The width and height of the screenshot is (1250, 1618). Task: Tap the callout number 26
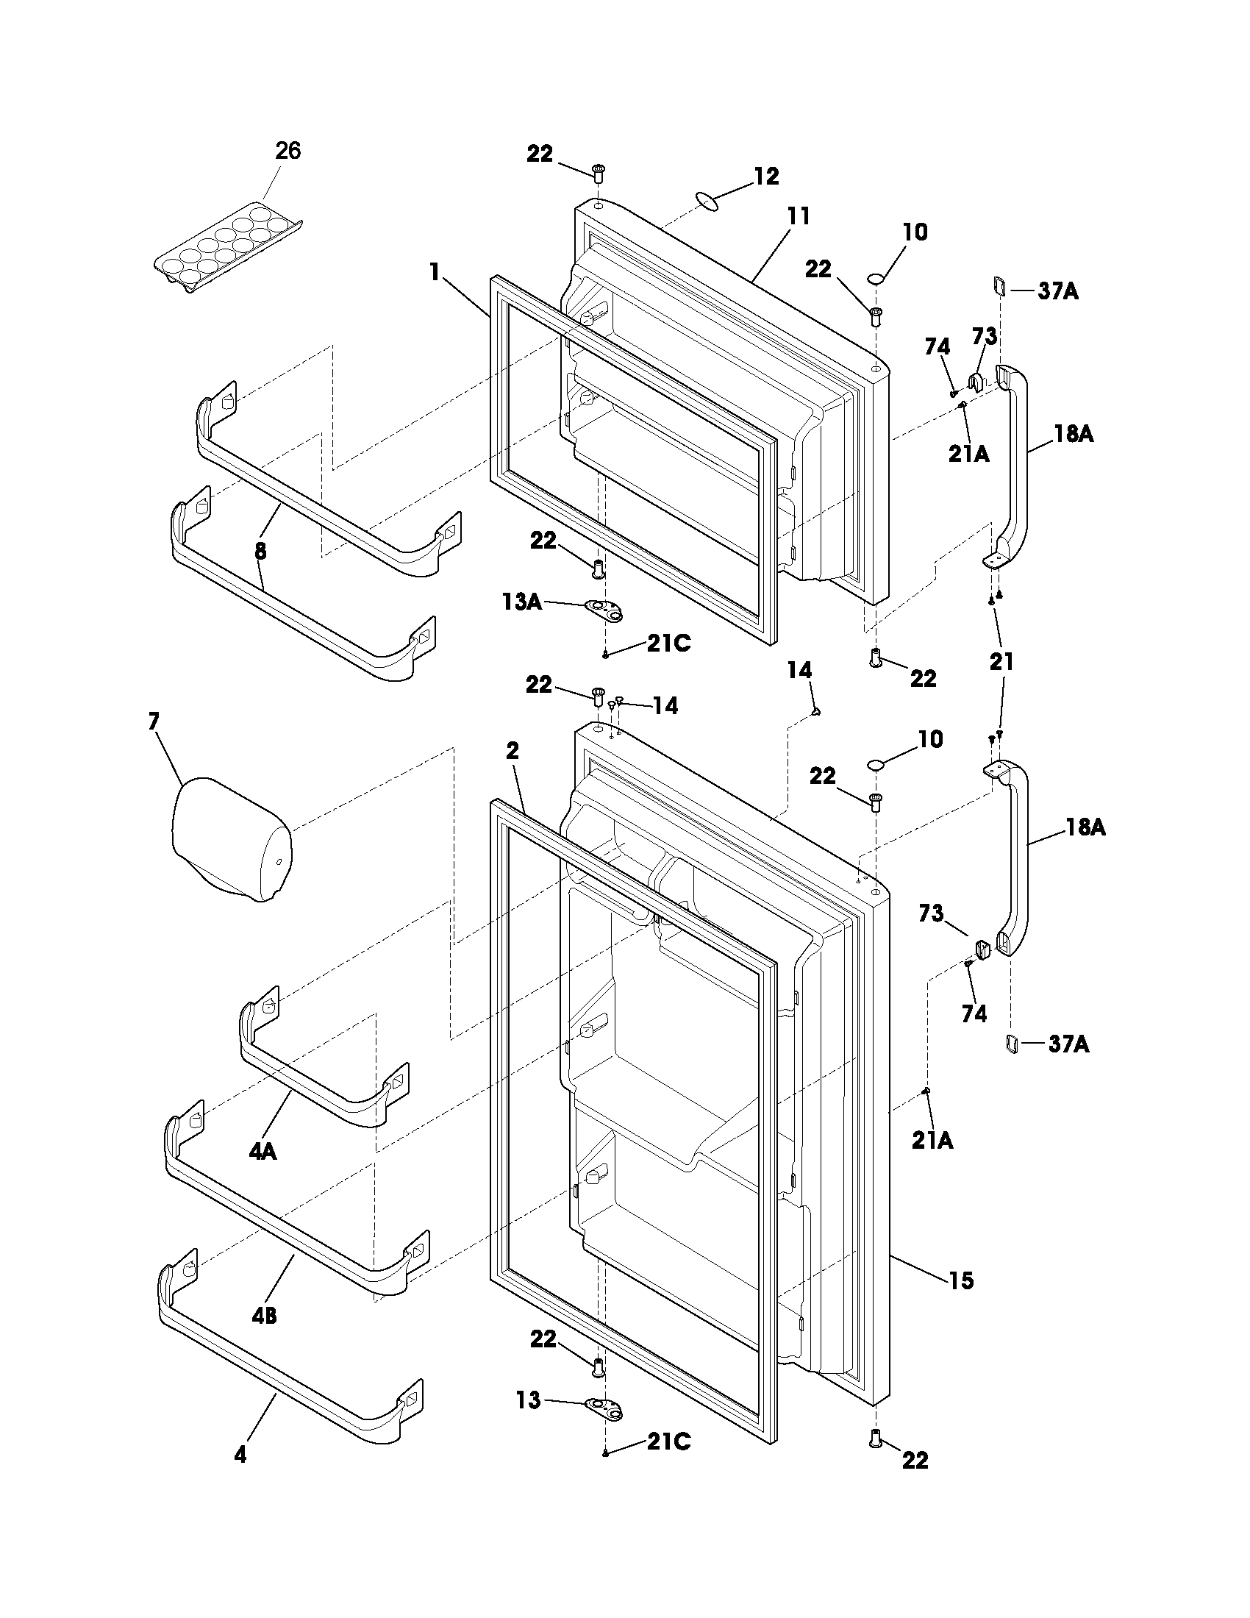point(288,151)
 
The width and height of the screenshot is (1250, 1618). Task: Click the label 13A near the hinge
point(521,602)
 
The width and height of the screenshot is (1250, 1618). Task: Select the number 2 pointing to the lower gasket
point(512,750)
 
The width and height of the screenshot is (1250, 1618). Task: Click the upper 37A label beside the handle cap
point(1058,291)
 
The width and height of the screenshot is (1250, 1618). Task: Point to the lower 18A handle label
point(1085,827)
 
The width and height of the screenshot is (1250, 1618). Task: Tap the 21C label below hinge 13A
point(668,644)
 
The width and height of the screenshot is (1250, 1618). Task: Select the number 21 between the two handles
point(1001,661)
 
